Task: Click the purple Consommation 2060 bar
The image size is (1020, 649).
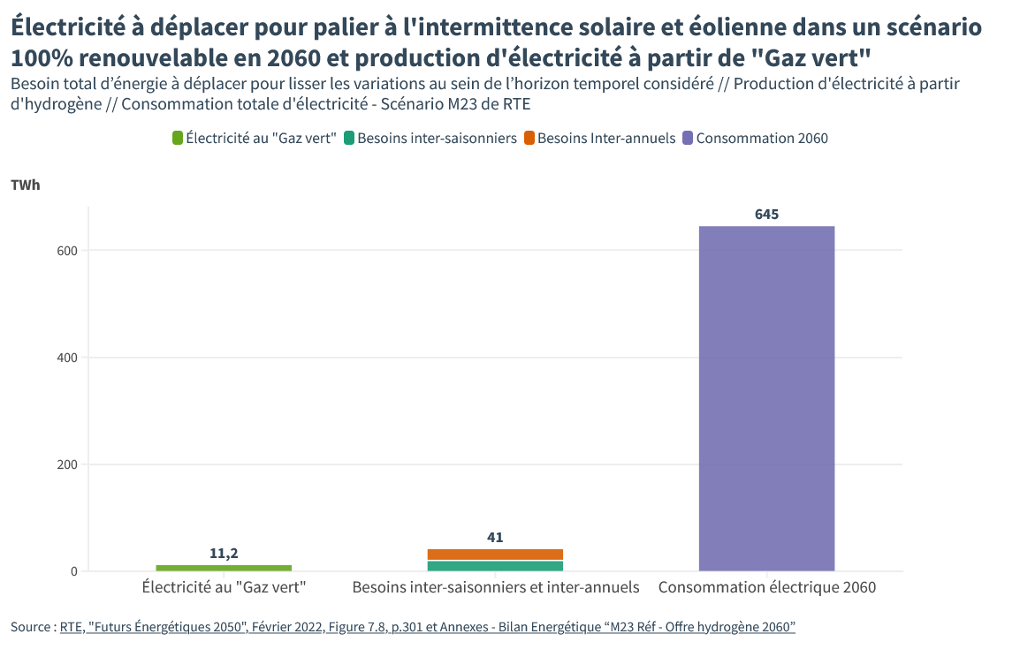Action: click(766, 397)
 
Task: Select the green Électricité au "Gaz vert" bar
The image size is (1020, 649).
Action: click(224, 568)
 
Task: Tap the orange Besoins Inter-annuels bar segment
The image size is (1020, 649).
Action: click(495, 555)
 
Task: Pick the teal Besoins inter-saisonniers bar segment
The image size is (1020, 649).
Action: click(495, 566)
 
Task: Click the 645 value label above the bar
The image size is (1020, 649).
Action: click(766, 215)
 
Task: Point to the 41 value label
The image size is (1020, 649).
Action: click(495, 537)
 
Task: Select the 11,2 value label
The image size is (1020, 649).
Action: click(224, 554)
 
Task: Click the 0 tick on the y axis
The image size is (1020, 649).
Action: click(74, 571)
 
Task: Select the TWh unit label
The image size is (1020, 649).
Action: click(26, 185)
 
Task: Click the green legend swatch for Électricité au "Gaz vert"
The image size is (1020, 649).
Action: click(178, 138)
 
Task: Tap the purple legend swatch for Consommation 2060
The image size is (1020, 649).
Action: click(689, 138)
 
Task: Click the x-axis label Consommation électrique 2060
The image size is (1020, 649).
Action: click(766, 587)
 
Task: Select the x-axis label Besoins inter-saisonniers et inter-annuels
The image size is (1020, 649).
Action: click(495, 587)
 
